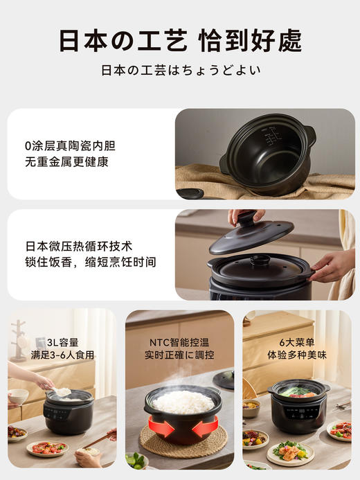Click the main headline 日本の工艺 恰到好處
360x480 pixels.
coord(180,41)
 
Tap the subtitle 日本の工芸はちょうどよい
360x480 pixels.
coord(180,71)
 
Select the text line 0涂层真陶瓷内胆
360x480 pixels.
coord(70,146)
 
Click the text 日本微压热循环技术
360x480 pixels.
coord(79,246)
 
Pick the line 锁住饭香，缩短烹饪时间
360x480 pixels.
coord(90,262)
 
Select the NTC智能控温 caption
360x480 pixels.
coord(179,341)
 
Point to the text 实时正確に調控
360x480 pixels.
coord(179,355)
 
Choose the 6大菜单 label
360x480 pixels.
coord(296,341)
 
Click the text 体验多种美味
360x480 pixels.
coord(296,355)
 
